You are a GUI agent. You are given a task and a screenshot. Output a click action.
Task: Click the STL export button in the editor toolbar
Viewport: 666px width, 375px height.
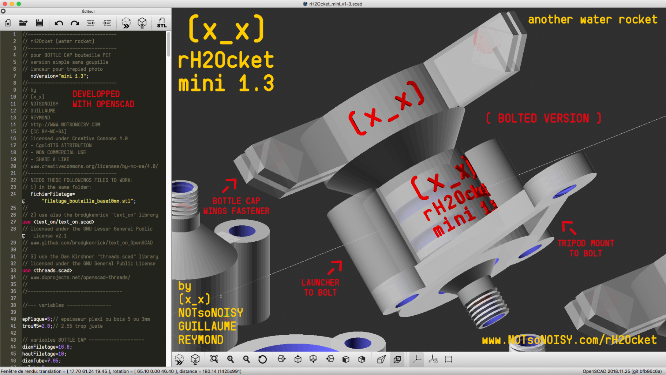coord(161,23)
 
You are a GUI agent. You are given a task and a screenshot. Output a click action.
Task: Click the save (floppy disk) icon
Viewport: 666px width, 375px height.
coord(40,23)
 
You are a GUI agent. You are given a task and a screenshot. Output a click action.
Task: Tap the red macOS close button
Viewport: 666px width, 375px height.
coord(5,4)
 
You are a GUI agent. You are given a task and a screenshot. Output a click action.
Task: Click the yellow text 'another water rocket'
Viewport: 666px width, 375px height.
coord(592,19)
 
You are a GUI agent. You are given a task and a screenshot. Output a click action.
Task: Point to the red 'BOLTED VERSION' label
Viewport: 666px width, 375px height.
coord(543,118)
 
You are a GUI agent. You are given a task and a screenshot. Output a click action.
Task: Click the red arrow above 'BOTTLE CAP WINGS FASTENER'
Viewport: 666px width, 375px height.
coord(229,185)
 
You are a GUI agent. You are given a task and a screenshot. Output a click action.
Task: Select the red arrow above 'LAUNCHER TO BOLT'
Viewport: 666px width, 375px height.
coord(335,267)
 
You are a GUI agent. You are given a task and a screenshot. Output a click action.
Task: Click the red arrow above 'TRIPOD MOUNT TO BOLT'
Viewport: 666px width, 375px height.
coord(569,227)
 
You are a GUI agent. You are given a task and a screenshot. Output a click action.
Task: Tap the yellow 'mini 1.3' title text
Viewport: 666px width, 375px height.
coord(226,83)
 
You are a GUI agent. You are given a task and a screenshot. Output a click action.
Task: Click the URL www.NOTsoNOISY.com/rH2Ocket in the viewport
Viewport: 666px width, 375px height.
coord(569,340)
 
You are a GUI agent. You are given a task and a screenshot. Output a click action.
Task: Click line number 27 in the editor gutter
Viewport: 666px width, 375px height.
coord(13,222)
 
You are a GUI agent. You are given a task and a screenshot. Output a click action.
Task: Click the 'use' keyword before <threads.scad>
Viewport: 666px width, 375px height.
coord(26,271)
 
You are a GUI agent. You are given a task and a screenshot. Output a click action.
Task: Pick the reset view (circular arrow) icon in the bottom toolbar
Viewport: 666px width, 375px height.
coord(262,360)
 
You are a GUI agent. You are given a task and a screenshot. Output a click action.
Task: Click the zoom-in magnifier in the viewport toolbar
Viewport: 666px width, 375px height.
coord(231,360)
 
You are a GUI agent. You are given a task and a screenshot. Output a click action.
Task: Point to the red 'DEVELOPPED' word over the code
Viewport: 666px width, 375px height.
coord(96,94)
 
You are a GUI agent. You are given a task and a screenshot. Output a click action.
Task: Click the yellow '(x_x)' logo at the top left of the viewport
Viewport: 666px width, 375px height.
coord(226,29)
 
